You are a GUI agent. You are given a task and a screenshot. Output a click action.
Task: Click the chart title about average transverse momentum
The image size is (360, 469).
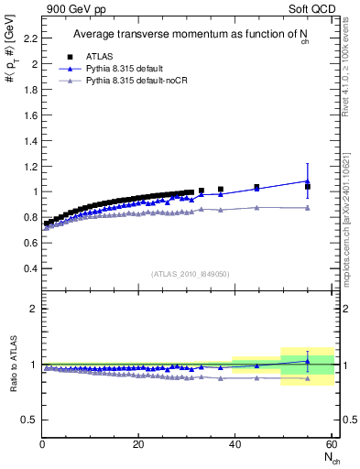(188, 36)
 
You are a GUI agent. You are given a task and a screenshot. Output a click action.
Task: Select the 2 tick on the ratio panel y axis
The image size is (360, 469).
(32, 309)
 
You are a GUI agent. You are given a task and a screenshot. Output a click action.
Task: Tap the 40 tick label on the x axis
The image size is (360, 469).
(235, 444)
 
